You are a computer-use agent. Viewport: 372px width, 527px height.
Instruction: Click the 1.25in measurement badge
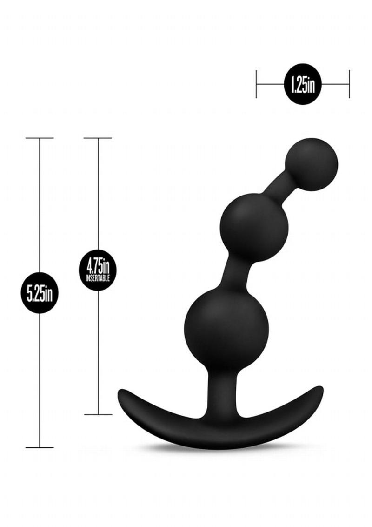pyautogui.click(x=302, y=84)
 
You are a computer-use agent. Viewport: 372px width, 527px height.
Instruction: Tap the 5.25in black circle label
pyautogui.click(x=40, y=293)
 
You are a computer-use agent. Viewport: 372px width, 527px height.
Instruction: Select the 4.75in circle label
pyautogui.click(x=98, y=270)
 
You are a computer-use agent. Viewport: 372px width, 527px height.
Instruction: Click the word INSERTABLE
pyautogui.click(x=98, y=279)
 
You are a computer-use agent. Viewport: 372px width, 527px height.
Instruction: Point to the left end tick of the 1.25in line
pyautogui.click(x=256, y=84)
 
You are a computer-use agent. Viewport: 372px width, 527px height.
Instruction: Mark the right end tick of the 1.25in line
pyautogui.click(x=349, y=84)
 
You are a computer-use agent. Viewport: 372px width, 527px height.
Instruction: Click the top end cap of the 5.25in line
pyautogui.click(x=40, y=138)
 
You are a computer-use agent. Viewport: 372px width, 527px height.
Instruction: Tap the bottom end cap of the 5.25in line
pyautogui.click(x=40, y=447)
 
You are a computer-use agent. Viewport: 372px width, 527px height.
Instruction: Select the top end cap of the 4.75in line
pyautogui.click(x=98, y=138)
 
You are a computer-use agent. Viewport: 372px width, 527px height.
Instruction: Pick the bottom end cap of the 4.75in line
pyautogui.click(x=98, y=414)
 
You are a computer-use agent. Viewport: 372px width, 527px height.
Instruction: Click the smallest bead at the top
pyautogui.click(x=312, y=164)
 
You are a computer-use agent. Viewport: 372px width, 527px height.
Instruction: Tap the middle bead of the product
pyautogui.click(x=254, y=227)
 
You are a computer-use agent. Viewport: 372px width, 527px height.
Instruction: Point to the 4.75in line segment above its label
pyautogui.click(x=98, y=196)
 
